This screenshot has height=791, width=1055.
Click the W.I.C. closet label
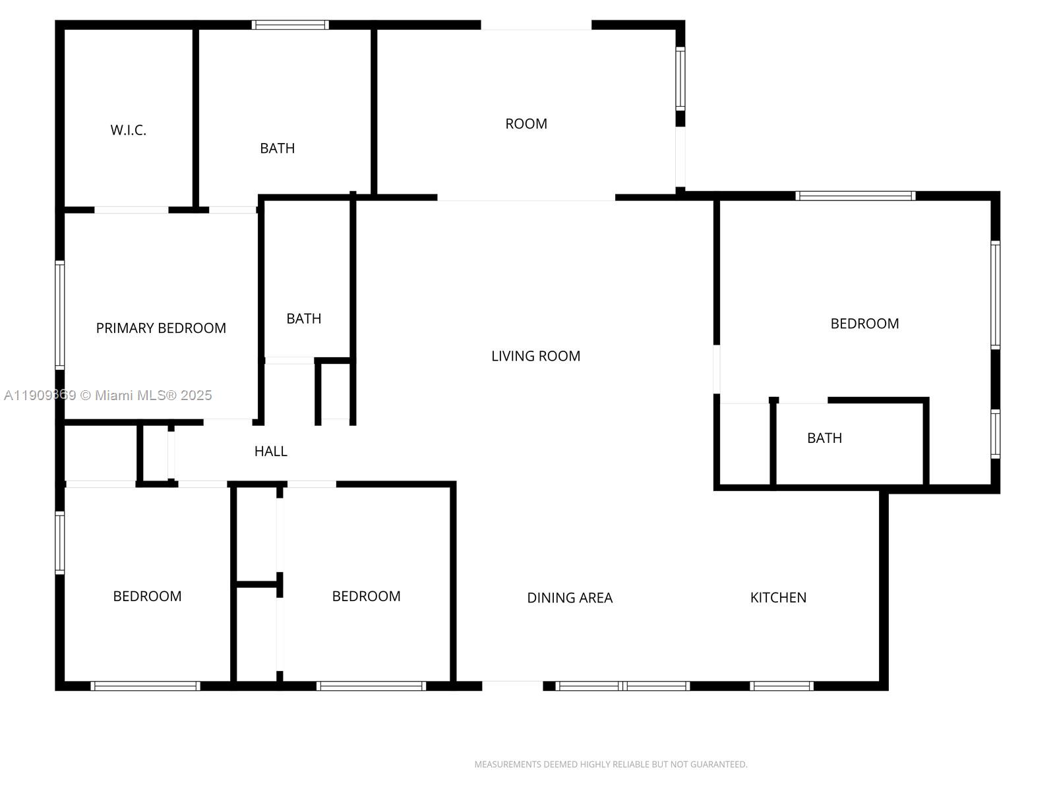pos(129,130)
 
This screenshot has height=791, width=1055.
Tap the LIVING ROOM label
pos(535,356)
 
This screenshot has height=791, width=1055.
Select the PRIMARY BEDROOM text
pos(161,328)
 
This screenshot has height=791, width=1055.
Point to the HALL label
pos(270,451)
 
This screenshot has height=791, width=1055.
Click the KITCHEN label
pos(778,597)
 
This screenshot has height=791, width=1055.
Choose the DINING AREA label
pos(570,597)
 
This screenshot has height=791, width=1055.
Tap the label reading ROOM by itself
pos(526,124)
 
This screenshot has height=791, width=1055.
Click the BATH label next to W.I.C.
pos(278,148)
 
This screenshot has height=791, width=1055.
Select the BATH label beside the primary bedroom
pos(304,318)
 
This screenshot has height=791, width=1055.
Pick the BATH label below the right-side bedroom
pos(824,438)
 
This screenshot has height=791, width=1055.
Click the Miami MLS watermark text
pos(107,395)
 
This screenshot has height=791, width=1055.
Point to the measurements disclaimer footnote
pos(611,764)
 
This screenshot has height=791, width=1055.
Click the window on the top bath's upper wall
pos(290,25)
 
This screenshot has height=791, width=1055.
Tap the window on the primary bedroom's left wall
pos(59,315)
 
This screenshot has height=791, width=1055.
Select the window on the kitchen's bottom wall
pos(781,686)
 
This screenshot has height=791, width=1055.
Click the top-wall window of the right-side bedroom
pos(855,196)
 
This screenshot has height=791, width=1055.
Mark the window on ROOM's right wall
pos(680,78)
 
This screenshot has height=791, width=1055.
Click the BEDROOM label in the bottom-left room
pos(147,596)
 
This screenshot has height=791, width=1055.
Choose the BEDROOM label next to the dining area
pos(366,596)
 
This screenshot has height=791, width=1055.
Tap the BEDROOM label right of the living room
pos(864,324)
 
